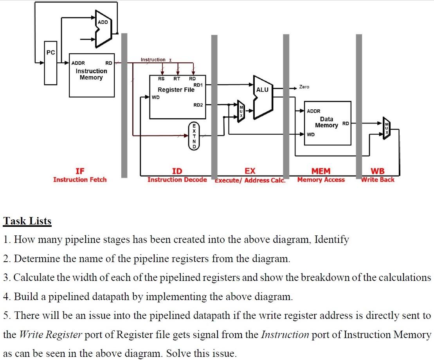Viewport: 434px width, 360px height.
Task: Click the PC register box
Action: click(x=50, y=63)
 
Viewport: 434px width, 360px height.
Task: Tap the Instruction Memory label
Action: click(x=91, y=74)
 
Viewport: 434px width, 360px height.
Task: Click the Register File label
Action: click(x=176, y=90)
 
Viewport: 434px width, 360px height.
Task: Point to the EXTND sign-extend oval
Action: click(x=194, y=136)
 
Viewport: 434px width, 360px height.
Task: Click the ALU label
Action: click(x=262, y=90)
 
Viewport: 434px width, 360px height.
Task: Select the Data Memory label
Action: click(x=327, y=122)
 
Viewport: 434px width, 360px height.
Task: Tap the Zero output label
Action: click(x=304, y=87)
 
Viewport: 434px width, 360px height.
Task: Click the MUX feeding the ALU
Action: click(x=241, y=111)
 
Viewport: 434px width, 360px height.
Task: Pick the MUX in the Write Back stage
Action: click(x=386, y=128)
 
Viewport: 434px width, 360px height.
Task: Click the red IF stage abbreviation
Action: click(x=80, y=171)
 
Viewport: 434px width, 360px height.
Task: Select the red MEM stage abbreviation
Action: click(x=321, y=171)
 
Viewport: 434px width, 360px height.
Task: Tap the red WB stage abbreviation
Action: click(x=378, y=171)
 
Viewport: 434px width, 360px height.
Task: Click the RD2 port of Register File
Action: click(x=198, y=105)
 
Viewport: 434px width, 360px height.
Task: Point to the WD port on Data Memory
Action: click(x=311, y=134)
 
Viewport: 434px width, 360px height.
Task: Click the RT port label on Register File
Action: click(x=177, y=79)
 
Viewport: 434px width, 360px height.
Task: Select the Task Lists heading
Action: click(x=27, y=221)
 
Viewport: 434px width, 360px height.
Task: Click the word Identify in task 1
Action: click(x=332, y=239)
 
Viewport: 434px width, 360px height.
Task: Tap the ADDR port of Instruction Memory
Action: click(x=78, y=63)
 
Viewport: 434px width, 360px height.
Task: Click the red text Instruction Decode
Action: click(x=177, y=179)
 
